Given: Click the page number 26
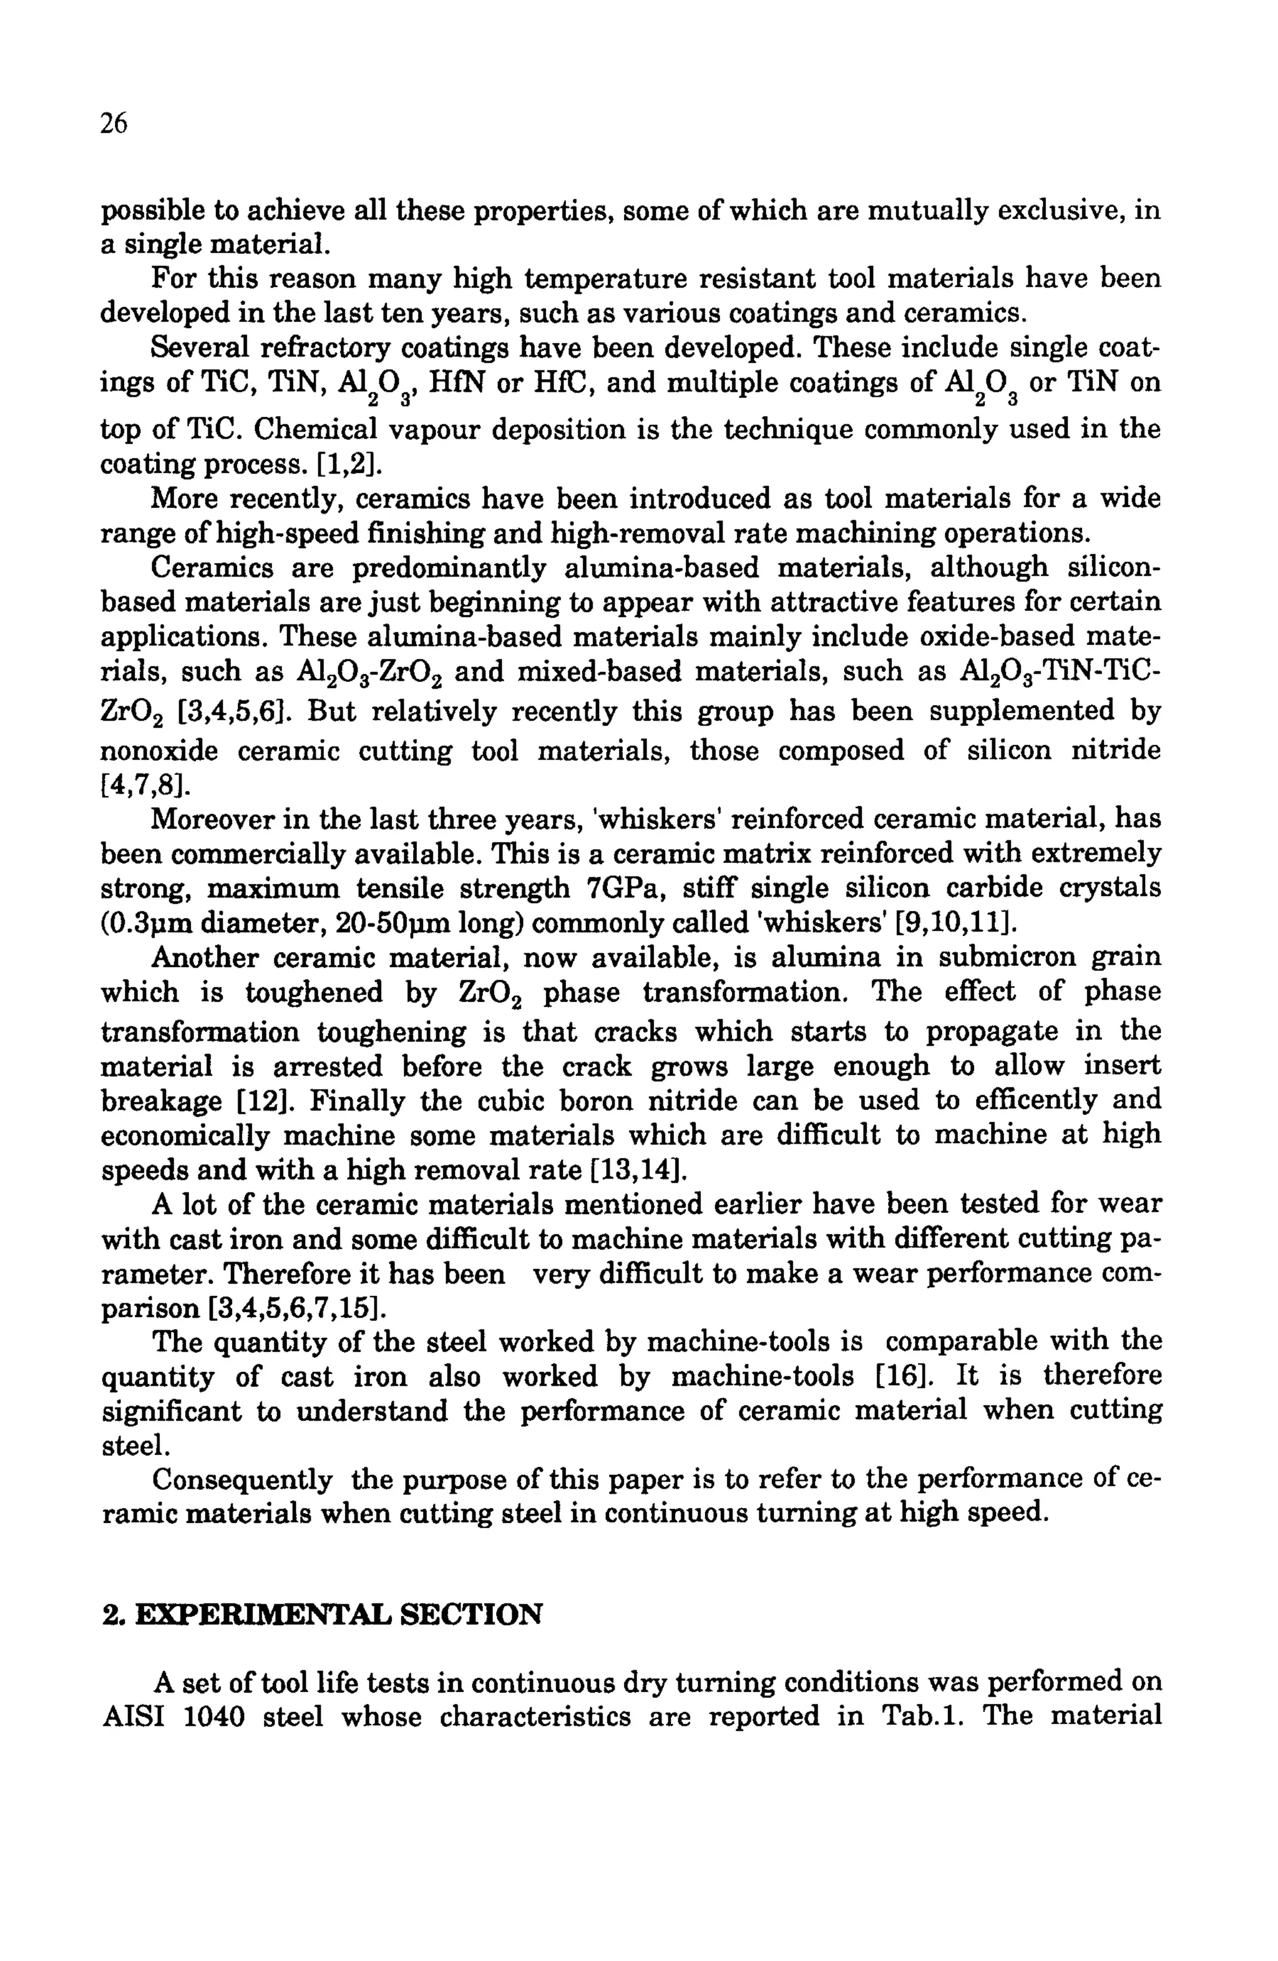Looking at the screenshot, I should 114,124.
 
